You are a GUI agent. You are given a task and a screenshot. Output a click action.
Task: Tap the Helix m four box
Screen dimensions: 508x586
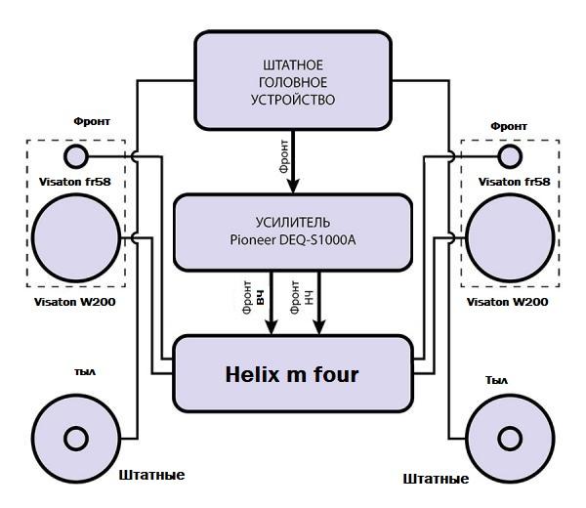tap(293, 373)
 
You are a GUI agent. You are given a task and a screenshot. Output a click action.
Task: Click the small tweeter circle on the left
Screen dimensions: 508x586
tap(76, 156)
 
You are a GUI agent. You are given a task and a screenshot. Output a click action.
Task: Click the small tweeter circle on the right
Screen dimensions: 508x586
tap(510, 156)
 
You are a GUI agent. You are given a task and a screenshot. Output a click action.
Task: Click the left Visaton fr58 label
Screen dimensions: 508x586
tap(75, 182)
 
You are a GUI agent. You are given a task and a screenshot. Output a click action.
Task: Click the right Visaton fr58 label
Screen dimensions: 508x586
tap(514, 182)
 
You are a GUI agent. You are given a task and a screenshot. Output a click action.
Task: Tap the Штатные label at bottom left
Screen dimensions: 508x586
tap(151, 476)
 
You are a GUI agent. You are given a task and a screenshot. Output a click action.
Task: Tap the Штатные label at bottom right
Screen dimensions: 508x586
tap(436, 479)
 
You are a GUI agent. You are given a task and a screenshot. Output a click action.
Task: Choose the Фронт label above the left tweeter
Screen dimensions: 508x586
tap(92, 121)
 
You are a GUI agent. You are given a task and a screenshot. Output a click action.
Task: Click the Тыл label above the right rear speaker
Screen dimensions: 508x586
tap(497, 379)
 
